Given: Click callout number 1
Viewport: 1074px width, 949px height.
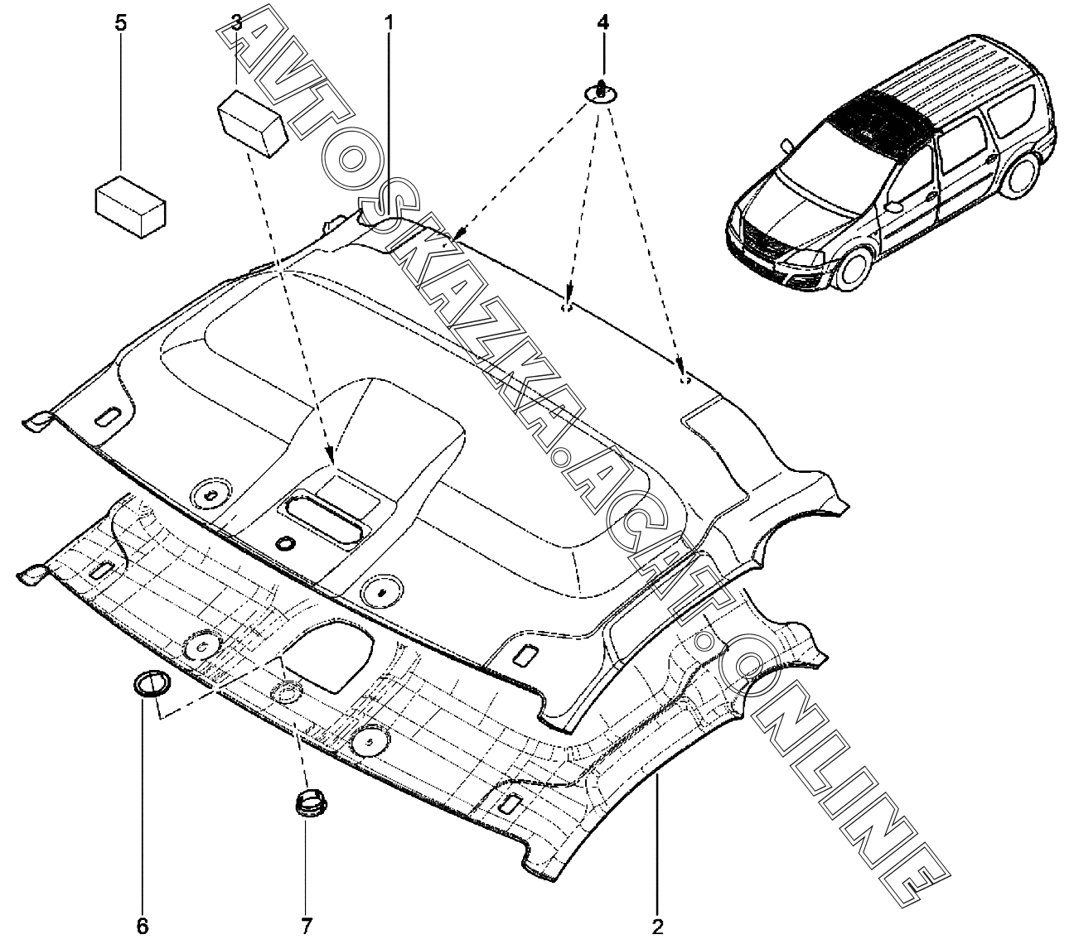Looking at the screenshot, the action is point(389,24).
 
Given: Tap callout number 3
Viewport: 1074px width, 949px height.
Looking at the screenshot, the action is point(236,23).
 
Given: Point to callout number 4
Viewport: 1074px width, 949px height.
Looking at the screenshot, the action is point(602,23).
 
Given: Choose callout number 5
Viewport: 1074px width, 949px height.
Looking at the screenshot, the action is point(121,24).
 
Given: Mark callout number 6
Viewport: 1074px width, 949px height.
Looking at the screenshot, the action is point(142,927).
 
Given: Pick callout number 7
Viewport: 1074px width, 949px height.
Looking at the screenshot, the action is point(306,927).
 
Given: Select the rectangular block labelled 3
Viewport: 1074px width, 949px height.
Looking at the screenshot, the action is point(253,124).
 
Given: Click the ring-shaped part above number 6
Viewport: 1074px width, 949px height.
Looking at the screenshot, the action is point(152,685).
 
